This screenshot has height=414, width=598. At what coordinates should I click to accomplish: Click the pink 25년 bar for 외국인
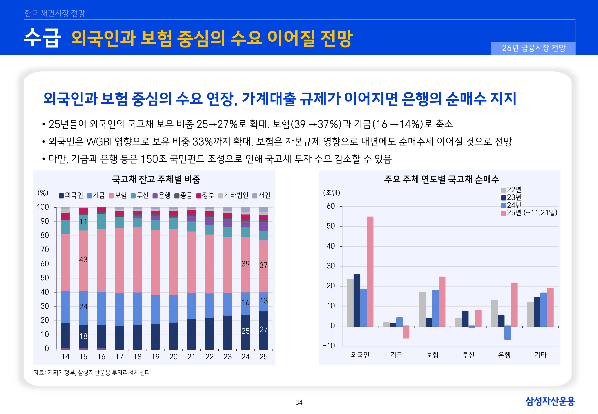[370, 271]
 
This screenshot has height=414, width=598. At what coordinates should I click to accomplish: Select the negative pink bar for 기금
[406, 332]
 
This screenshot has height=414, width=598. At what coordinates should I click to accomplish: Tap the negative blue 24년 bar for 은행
[507, 333]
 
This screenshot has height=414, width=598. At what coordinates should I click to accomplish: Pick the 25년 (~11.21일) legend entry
[529, 213]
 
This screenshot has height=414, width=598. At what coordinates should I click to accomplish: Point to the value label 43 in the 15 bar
[83, 260]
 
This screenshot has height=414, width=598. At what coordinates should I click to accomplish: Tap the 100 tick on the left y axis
[43, 207]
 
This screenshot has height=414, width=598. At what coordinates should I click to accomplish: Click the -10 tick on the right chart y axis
[329, 346]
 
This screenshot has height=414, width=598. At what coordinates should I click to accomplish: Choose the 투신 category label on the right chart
[468, 355]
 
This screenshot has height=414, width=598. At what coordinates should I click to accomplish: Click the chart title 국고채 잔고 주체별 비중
[156, 179]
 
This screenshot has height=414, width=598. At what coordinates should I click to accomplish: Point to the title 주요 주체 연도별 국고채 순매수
[442, 179]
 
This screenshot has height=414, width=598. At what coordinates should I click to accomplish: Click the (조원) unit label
[331, 193]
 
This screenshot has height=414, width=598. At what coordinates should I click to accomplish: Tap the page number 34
[299, 402]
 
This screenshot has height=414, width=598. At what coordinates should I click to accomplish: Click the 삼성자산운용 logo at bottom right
[550, 401]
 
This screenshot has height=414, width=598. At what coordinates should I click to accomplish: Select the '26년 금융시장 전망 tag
[533, 48]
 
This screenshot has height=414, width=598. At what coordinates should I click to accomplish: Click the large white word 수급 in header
[42, 38]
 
